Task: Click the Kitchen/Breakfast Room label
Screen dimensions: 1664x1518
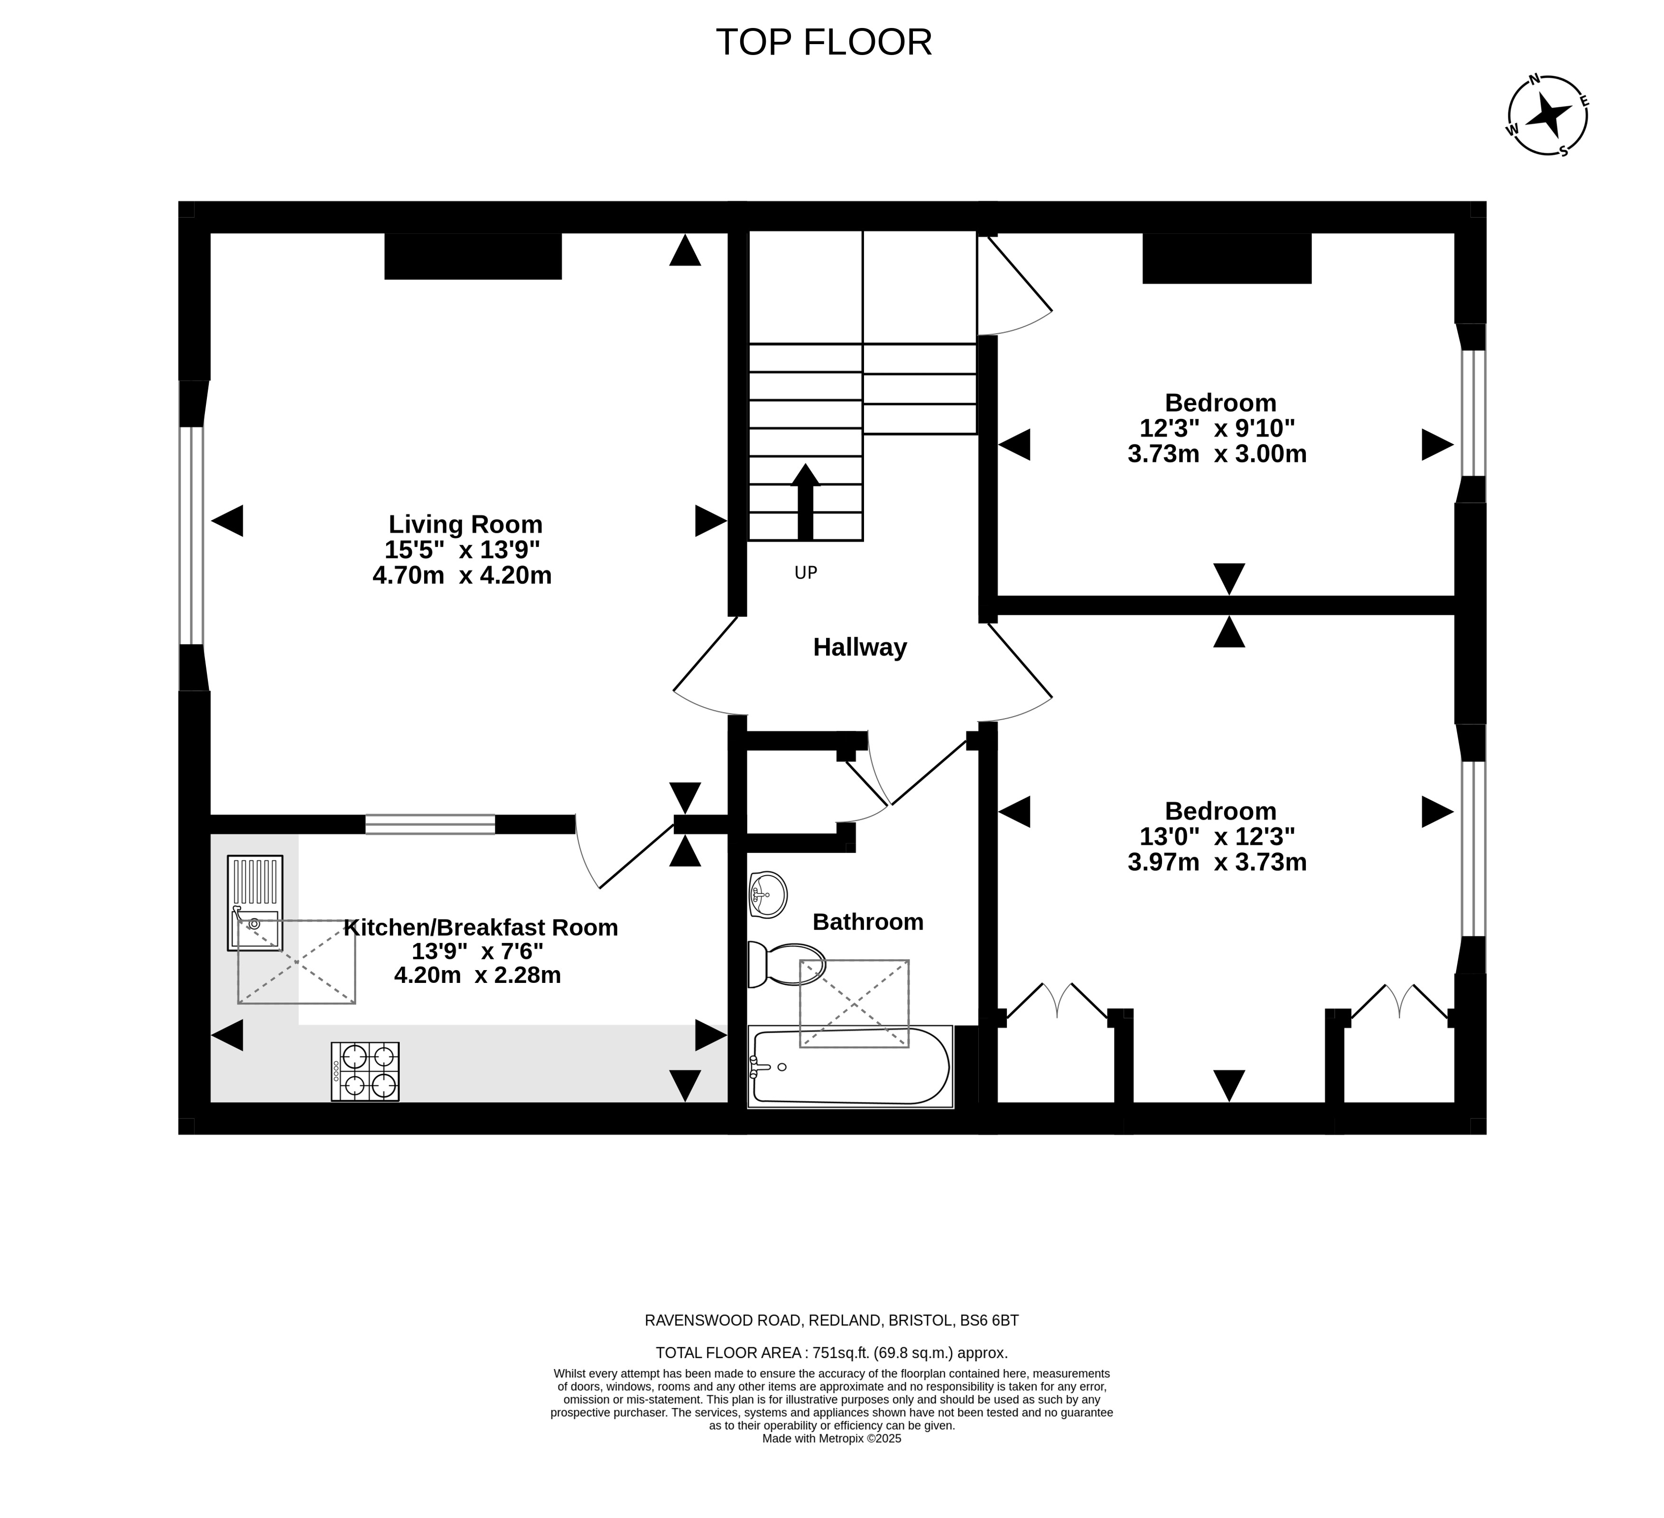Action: point(480,927)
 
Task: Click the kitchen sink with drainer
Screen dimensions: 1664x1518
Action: point(255,903)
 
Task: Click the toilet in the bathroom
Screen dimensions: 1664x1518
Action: point(787,964)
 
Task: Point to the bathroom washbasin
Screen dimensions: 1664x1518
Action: point(768,894)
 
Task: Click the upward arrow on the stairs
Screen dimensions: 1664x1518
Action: point(805,501)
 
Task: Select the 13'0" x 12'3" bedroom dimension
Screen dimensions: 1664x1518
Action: point(1218,836)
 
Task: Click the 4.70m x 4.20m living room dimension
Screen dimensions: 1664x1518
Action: point(462,575)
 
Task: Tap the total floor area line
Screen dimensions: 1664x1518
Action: point(832,1353)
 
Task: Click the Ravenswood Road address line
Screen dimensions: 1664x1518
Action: point(832,1320)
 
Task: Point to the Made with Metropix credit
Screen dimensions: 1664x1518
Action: point(832,1461)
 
